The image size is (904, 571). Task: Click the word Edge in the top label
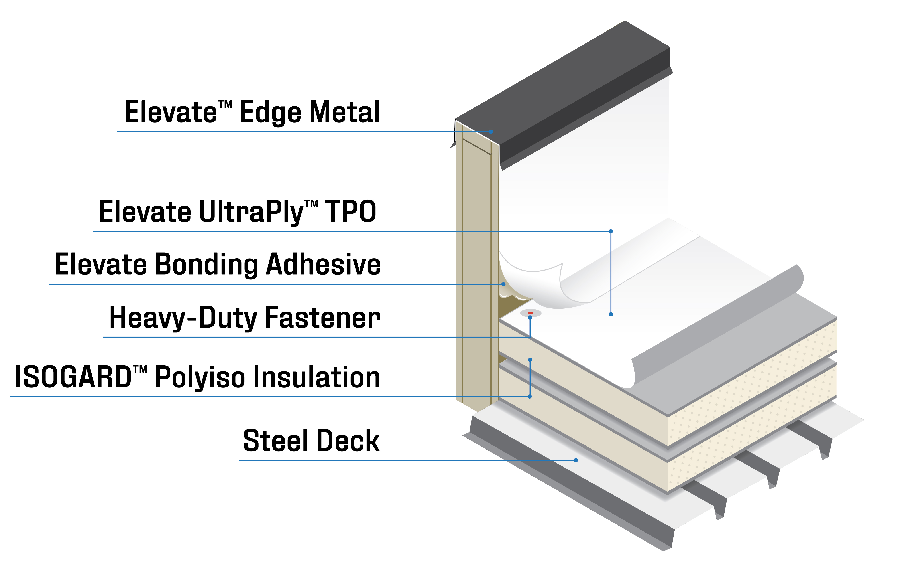[270, 113]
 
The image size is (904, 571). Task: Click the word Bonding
[206, 265]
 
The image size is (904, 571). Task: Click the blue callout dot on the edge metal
[491, 132]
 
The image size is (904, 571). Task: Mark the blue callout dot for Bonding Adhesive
[503, 284]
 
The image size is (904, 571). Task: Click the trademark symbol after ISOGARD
[140, 370]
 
